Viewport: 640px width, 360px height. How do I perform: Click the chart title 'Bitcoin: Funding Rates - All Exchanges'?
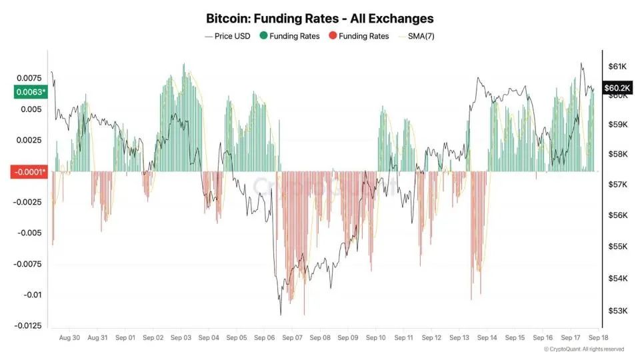pos(320,18)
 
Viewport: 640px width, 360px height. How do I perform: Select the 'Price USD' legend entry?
pos(228,36)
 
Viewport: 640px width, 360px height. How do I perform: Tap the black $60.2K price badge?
pos(616,88)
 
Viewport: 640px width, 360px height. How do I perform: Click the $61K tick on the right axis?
pos(617,67)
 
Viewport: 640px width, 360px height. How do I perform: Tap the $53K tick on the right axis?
pos(617,311)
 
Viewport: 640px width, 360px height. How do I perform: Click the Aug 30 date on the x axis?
pos(69,338)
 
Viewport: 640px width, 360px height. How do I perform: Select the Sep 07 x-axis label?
pos(292,338)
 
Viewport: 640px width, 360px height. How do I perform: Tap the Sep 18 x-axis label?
pos(598,338)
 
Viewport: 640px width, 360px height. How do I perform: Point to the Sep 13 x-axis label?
pos(459,338)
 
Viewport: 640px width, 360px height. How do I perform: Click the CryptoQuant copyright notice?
pos(584,349)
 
